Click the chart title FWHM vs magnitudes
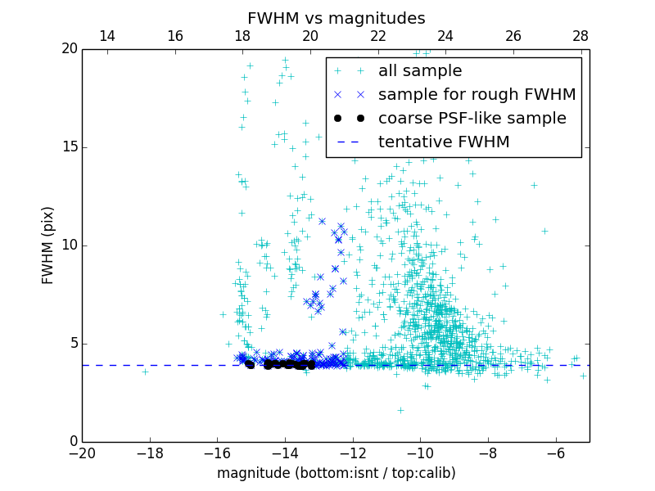pyautogui.click(x=336, y=18)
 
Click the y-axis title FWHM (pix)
pyautogui.click(x=48, y=245)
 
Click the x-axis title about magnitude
pyautogui.click(x=336, y=473)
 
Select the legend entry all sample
pyautogui.click(x=420, y=71)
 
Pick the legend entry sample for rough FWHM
pyautogui.click(x=477, y=95)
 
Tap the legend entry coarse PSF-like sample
pyautogui.click(x=472, y=119)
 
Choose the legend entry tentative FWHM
pyautogui.click(x=444, y=142)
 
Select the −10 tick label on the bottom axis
pyautogui.click(x=420, y=453)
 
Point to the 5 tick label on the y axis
pyautogui.click(x=72, y=344)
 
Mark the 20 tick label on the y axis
pyautogui.click(x=68, y=49)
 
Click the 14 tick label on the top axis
pyautogui.click(x=106, y=36)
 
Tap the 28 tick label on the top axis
pyautogui.click(x=580, y=36)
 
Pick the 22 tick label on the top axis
pyautogui.click(x=377, y=36)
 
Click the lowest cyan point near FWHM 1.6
pyautogui.click(x=400, y=410)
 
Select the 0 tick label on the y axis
pyautogui.click(x=72, y=442)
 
